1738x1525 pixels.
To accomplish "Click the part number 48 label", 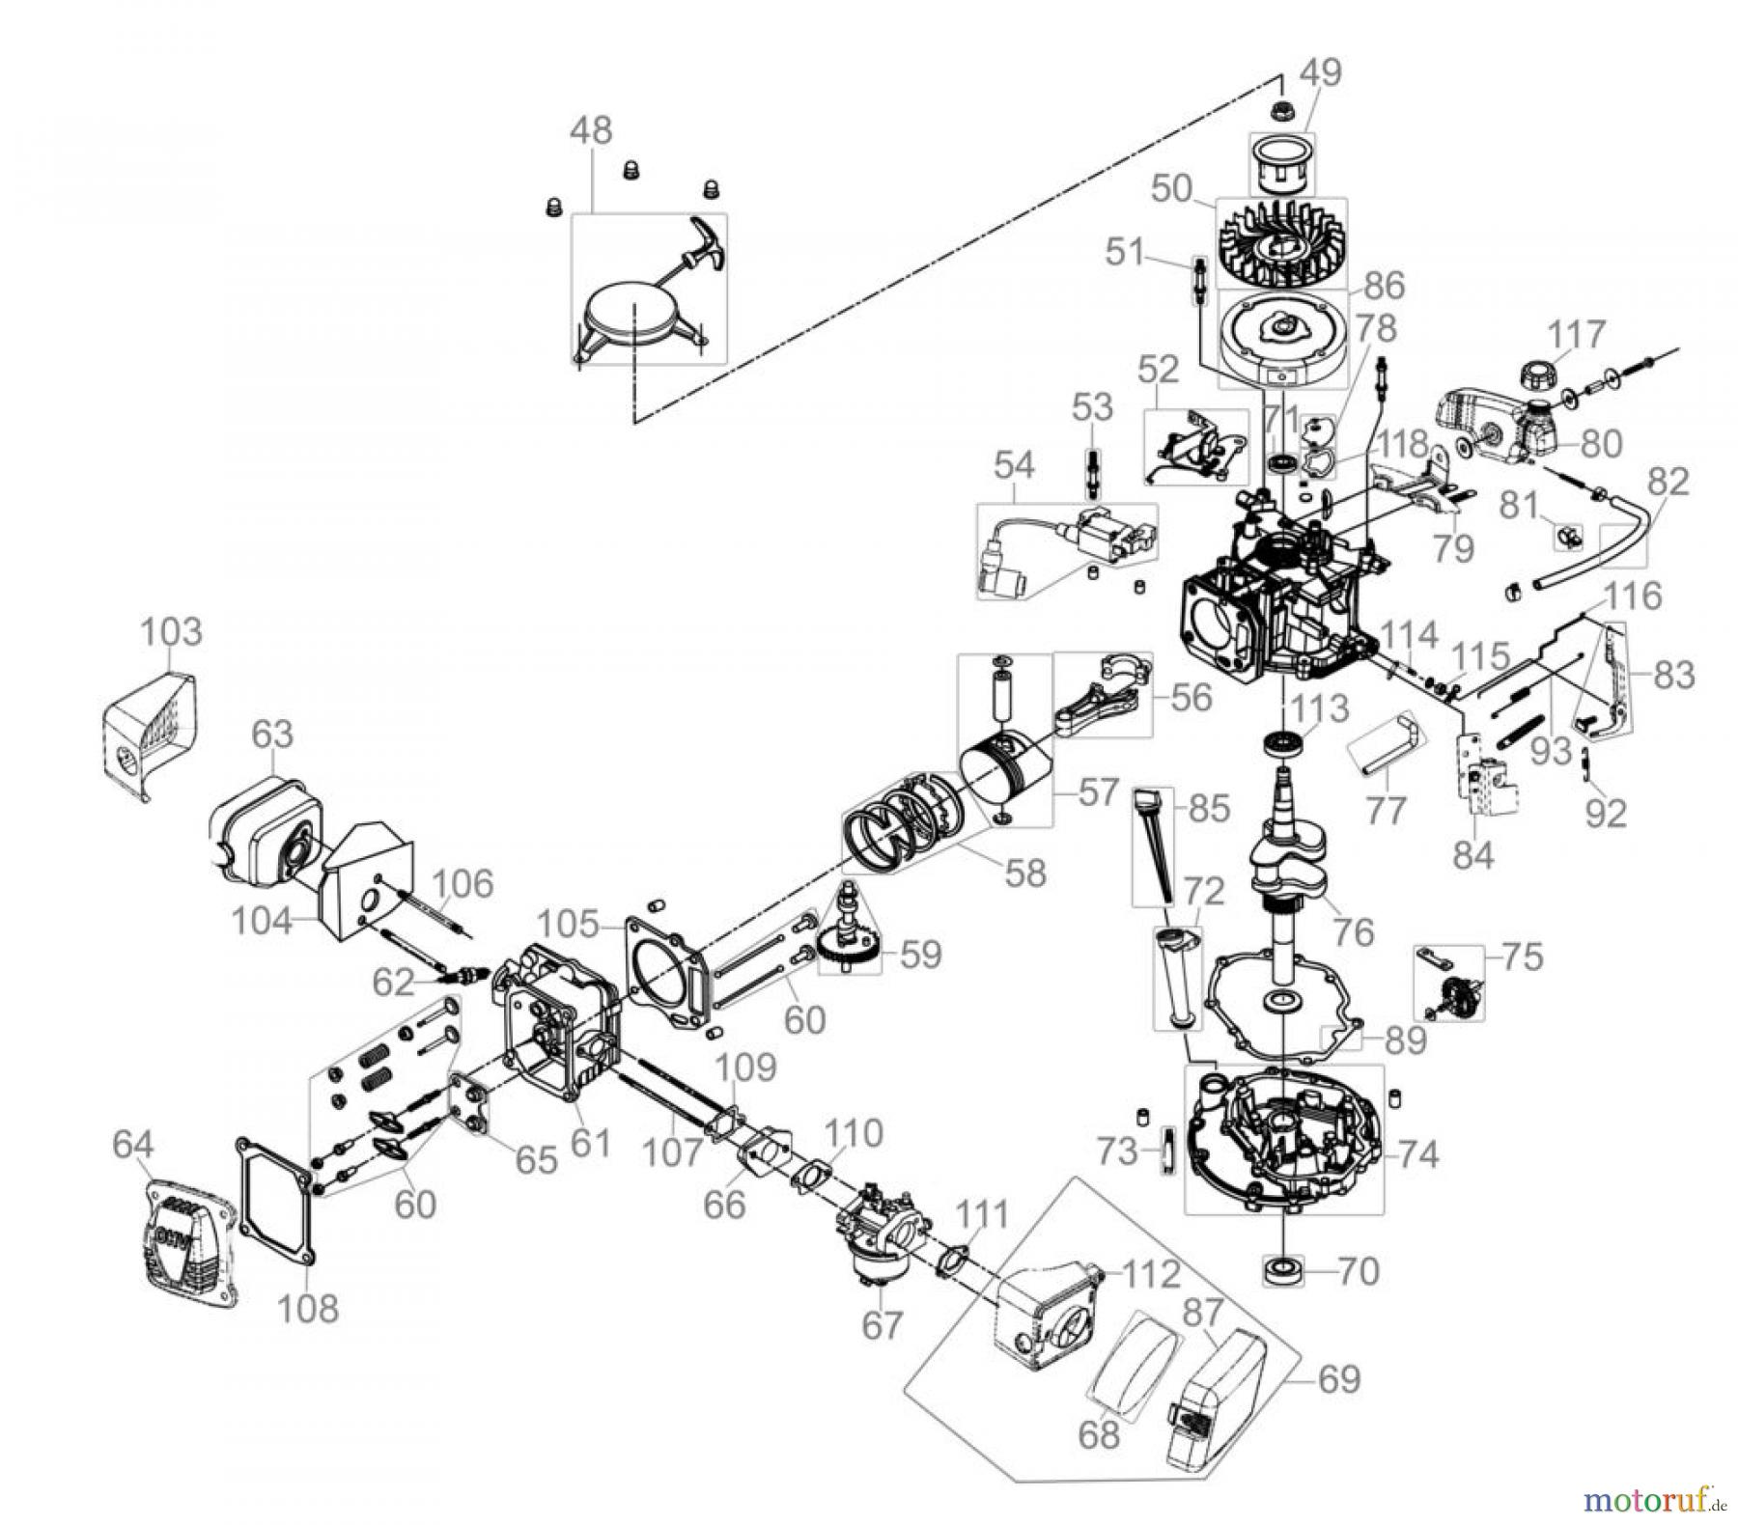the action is [x=591, y=130].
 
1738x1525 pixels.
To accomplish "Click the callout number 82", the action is [x=1669, y=482].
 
